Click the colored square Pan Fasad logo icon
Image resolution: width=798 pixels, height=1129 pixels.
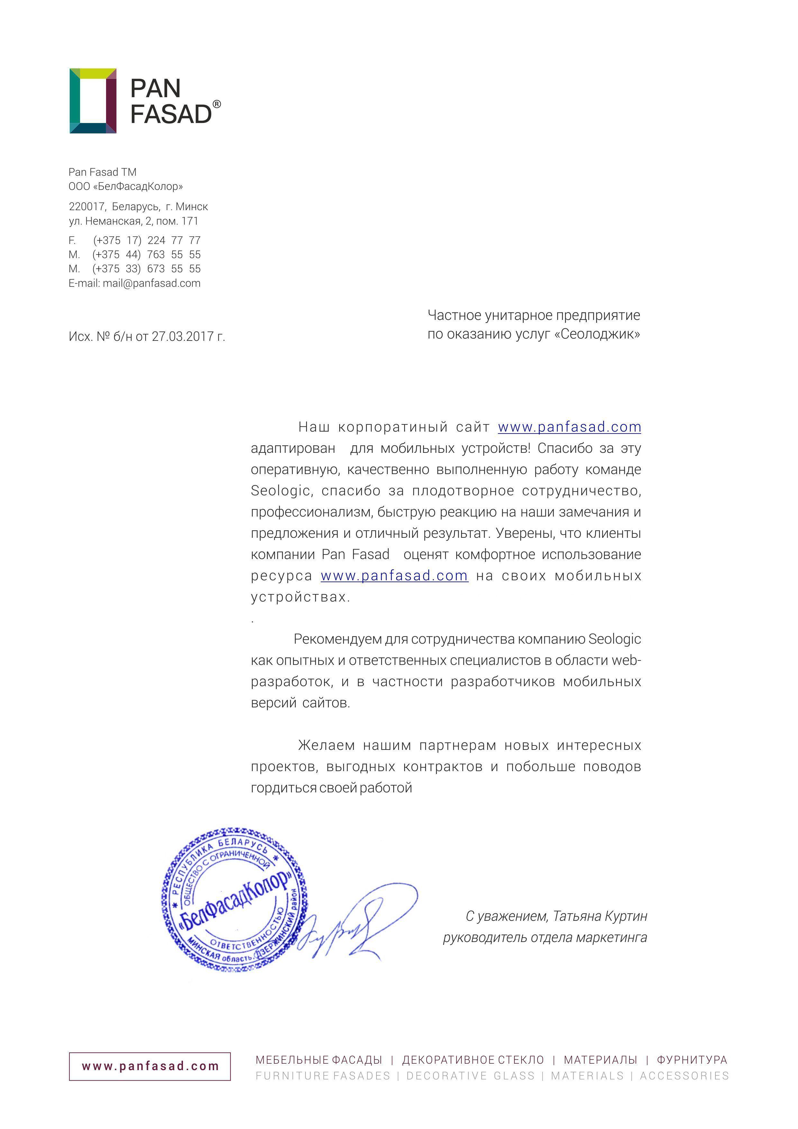coord(93,101)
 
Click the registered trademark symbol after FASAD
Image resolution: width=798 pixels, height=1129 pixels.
coord(217,104)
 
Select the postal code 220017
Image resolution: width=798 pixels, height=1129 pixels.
coord(87,207)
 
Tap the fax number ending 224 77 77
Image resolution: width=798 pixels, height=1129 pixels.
coord(146,240)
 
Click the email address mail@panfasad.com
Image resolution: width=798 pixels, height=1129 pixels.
coord(151,283)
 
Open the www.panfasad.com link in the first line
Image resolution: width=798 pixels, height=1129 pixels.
coord(569,427)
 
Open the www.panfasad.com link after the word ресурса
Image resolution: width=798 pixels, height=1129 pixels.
coord(394,576)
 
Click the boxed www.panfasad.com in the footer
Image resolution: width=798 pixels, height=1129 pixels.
coord(150,1067)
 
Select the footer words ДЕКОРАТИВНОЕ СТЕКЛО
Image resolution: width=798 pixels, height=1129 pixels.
coord(473,1060)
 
